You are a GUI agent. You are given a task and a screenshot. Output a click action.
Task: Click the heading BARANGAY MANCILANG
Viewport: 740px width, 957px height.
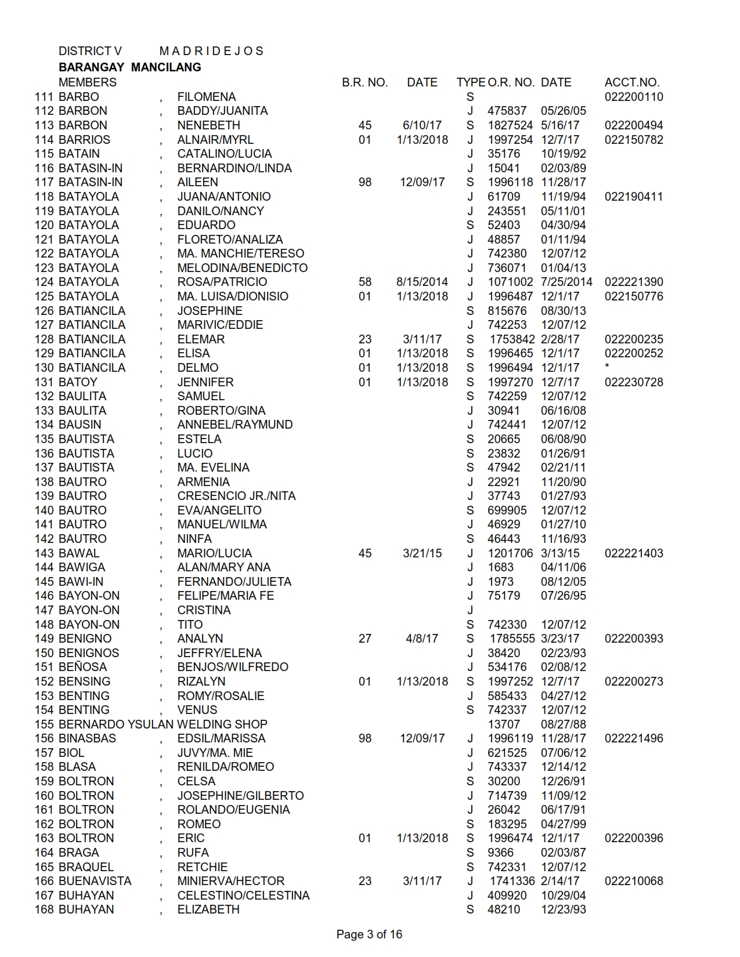pos(130,67)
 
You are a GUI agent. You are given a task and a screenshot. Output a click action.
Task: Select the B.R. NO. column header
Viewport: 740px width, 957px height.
pos(364,82)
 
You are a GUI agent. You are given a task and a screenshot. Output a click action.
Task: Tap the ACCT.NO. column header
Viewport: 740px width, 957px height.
pos(631,82)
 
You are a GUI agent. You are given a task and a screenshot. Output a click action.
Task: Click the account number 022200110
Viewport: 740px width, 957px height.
pos(633,97)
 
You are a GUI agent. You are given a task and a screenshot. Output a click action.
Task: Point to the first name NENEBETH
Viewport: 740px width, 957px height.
pos(208,125)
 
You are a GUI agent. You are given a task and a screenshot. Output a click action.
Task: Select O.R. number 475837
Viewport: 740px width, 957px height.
pos(507,111)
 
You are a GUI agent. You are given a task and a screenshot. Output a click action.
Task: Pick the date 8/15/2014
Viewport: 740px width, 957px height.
pos(422,282)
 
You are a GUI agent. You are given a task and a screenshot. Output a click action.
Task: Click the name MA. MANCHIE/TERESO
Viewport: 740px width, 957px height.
pos(240,253)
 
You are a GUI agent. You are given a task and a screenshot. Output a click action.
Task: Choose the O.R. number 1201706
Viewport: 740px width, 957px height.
pos(510,553)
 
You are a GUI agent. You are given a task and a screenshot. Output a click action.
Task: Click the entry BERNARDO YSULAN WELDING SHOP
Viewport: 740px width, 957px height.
pos(163,724)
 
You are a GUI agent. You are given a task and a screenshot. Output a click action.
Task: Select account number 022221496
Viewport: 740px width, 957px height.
pos(633,738)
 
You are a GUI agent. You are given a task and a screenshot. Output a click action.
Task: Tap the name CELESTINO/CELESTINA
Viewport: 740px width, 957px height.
pos(243,896)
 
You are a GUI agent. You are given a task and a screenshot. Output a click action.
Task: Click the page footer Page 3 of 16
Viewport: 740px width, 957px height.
pos(369,934)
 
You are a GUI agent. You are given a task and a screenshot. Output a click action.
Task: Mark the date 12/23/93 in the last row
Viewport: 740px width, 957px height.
pos(563,909)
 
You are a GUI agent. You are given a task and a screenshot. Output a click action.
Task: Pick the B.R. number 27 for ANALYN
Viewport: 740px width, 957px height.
pos(364,639)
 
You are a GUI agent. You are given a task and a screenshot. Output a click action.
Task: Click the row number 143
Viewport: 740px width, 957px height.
pos(45,553)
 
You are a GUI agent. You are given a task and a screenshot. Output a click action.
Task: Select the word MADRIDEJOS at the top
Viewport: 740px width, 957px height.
pos(211,51)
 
